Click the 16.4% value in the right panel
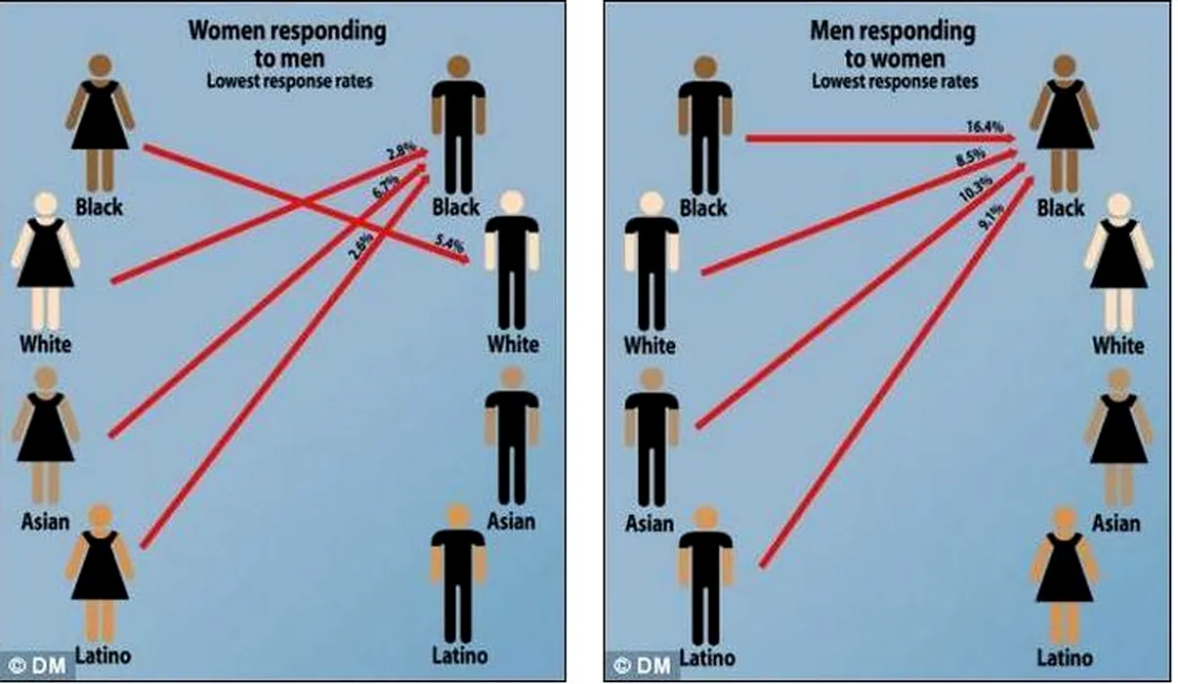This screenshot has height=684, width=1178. [982, 128]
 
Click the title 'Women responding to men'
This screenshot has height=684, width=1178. [287, 43]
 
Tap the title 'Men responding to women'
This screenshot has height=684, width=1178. [892, 44]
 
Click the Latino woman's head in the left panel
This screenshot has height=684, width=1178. [100, 517]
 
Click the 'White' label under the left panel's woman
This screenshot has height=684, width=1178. [45, 344]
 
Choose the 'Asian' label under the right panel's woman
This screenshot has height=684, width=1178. [1115, 523]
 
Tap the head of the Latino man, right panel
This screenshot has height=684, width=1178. [706, 518]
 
